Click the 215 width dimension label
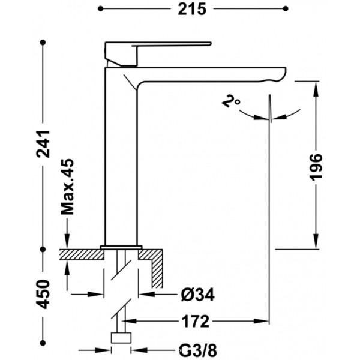pos(192,9)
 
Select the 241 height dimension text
pos(43,144)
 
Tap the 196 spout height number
pos(316,167)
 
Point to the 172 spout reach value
pos(196,321)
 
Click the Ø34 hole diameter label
pos(197,295)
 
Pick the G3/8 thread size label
pos(197,350)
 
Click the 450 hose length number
pos(43,294)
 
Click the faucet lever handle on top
pos(158,54)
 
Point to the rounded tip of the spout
pos(284,73)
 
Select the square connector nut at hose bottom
pos(121,338)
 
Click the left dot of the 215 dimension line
pos(100,9)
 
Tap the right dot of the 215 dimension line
pos(286,9)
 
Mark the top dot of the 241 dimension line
pos(43,43)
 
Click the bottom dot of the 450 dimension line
pos(43,343)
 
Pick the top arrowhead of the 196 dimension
pos(316,88)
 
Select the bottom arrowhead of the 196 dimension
pos(316,241)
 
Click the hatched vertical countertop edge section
pos(157,272)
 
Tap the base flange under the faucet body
pos(121,247)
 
